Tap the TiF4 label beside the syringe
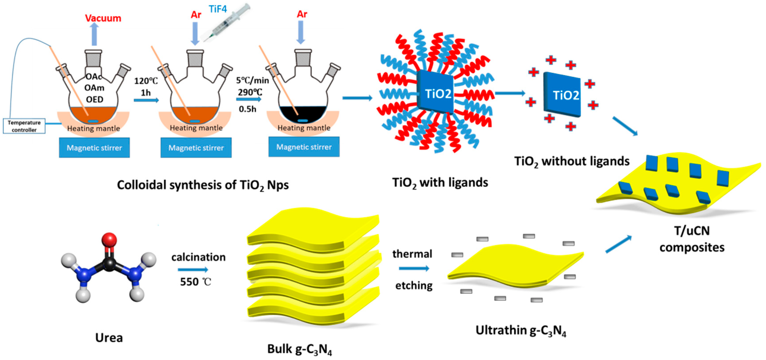[x=218, y=9]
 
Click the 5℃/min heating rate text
[x=252, y=80]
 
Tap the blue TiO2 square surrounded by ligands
[x=435, y=93]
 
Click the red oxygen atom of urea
[x=109, y=240]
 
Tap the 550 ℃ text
[x=195, y=281]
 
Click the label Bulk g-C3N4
[x=300, y=349]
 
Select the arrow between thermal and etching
[x=414, y=268]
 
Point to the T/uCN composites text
[x=692, y=239]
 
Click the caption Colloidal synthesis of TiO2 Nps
[x=203, y=185]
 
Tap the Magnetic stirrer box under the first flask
[x=94, y=148]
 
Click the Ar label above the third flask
[x=302, y=14]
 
